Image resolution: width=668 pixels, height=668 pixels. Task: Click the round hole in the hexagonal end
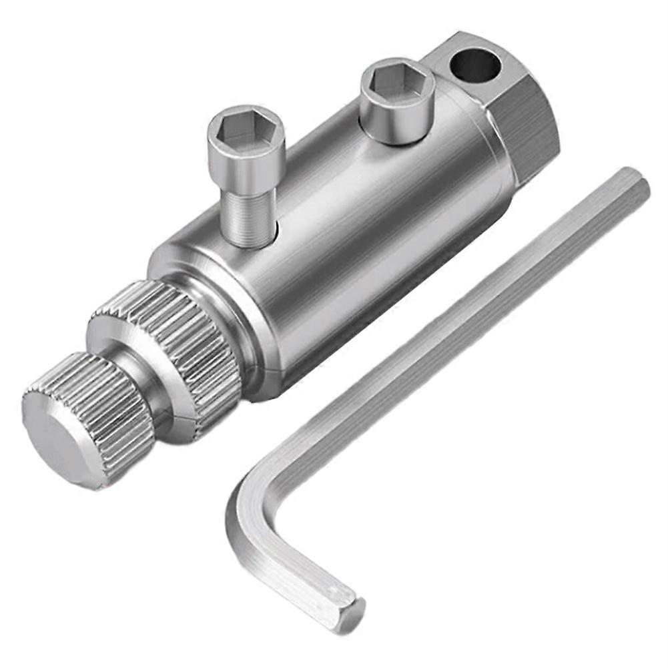pyautogui.click(x=474, y=65)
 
